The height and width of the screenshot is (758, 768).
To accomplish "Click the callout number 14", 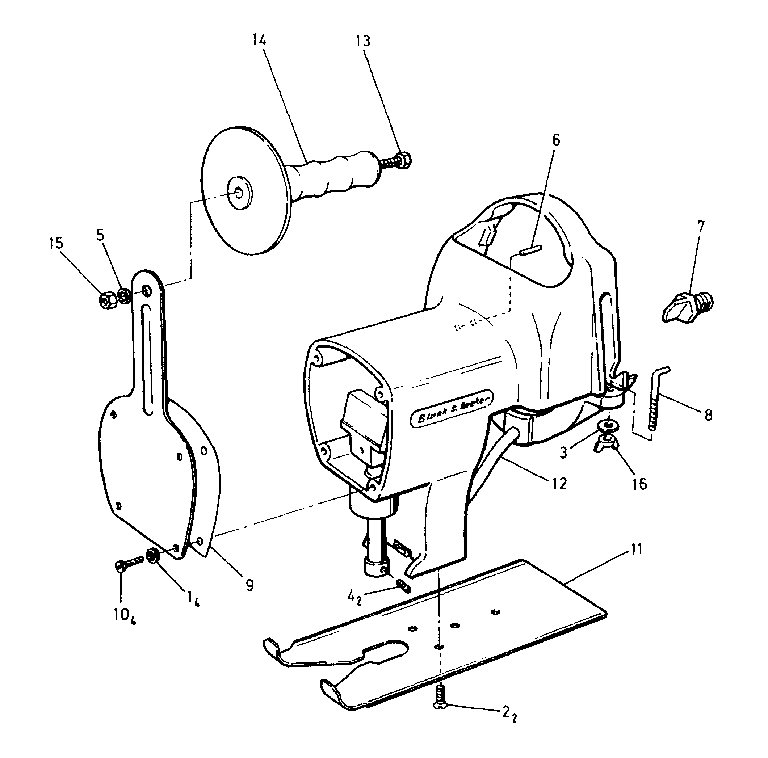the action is (x=259, y=40).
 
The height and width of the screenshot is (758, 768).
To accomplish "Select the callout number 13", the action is (x=362, y=41).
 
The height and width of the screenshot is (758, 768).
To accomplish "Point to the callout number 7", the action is (x=700, y=226).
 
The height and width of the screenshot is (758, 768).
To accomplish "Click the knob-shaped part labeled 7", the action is (x=688, y=307).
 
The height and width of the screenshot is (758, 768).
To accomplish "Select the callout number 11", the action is (x=637, y=550).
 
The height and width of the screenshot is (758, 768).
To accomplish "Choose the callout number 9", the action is (x=249, y=585).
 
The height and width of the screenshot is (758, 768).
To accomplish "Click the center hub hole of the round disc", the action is (x=239, y=192).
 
